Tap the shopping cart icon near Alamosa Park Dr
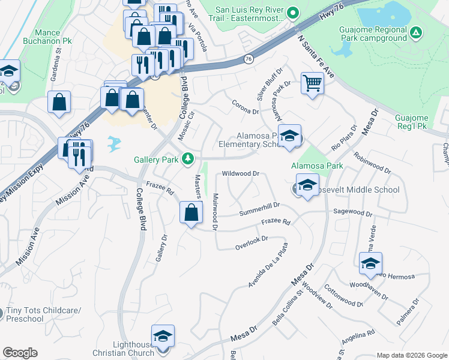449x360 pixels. click(x=312, y=83)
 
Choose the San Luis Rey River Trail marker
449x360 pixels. click(x=294, y=11)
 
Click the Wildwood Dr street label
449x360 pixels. click(x=240, y=173)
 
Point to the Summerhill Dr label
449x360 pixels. click(x=259, y=209)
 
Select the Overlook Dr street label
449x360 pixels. click(x=251, y=242)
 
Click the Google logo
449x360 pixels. click(x=20, y=353)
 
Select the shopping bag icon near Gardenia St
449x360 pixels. click(x=59, y=102)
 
